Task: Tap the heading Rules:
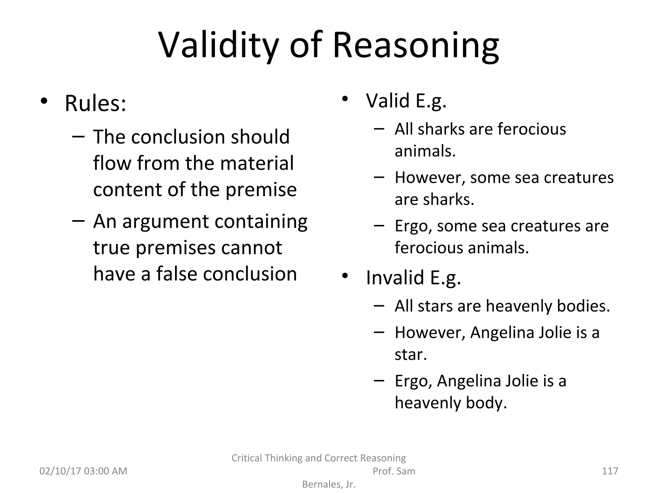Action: (95, 103)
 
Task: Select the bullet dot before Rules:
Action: (44, 101)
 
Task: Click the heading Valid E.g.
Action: (406, 101)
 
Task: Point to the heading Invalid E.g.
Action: (413, 277)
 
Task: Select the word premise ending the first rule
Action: (261, 189)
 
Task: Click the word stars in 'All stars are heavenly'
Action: (435, 306)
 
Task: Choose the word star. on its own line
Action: (411, 354)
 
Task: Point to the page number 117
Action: (610, 471)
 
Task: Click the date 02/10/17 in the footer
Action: (60, 471)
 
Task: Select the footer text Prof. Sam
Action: (394, 471)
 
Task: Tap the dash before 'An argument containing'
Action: (78, 221)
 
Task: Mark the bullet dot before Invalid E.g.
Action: (345, 276)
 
